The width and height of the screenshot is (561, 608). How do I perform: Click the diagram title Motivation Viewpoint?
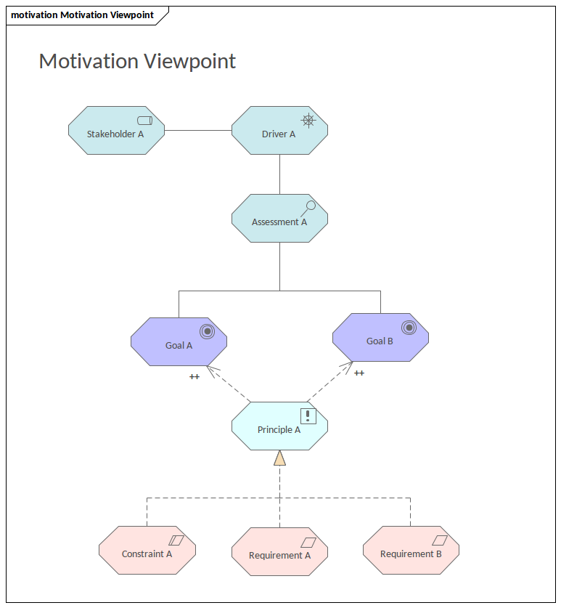pos(137,61)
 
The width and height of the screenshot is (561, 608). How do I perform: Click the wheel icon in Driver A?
pos(308,121)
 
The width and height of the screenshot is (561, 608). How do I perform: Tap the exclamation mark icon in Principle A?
pos(308,416)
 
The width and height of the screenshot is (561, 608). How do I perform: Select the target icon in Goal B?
pos(409,328)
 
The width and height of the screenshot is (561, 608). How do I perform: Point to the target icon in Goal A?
pos(207,331)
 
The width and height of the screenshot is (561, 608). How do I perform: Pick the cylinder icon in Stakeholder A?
pos(144,121)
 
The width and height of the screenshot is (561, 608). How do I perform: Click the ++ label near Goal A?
pos(194,377)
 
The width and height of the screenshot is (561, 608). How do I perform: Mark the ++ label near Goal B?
pos(359,373)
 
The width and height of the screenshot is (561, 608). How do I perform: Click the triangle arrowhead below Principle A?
pos(279,458)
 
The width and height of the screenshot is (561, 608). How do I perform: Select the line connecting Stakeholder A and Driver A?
pos(198,131)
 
